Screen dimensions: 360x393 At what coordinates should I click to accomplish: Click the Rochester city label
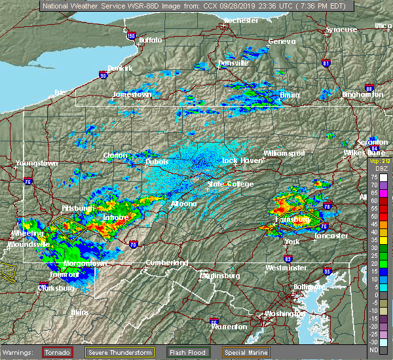tap(240, 21)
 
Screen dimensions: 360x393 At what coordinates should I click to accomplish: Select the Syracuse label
tap(342, 29)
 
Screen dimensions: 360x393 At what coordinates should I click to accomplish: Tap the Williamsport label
tap(284, 153)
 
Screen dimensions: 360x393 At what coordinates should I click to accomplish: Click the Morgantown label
tap(85, 263)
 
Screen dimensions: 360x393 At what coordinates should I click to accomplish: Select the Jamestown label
tap(132, 94)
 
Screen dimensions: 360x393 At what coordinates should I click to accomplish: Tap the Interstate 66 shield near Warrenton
tap(214, 322)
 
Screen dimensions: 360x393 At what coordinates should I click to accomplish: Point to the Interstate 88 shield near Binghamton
tap(369, 88)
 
